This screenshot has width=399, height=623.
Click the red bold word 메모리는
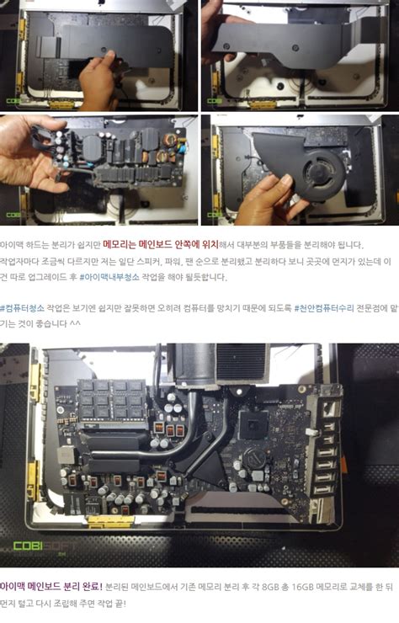coord(121,245)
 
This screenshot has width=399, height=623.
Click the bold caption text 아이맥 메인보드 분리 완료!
coord(51,586)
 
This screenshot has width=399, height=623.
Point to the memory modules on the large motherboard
coord(111,399)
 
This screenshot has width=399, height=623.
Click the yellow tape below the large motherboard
coord(110,521)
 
